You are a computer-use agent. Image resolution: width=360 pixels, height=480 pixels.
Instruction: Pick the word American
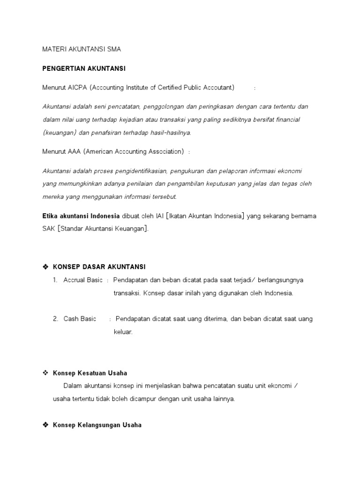[101, 151]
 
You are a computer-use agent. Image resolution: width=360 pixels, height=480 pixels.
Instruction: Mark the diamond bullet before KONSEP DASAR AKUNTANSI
[45, 267]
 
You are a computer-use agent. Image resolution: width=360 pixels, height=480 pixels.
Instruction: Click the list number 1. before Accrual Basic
[55, 280]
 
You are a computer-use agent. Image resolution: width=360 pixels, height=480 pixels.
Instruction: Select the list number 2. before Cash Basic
[55, 319]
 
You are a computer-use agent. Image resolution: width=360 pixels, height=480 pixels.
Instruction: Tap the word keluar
[123, 332]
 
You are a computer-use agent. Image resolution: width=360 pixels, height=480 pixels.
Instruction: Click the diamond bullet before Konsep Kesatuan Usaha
[45, 373]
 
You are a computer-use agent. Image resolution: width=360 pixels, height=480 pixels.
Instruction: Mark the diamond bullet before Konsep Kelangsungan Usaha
[45, 425]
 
